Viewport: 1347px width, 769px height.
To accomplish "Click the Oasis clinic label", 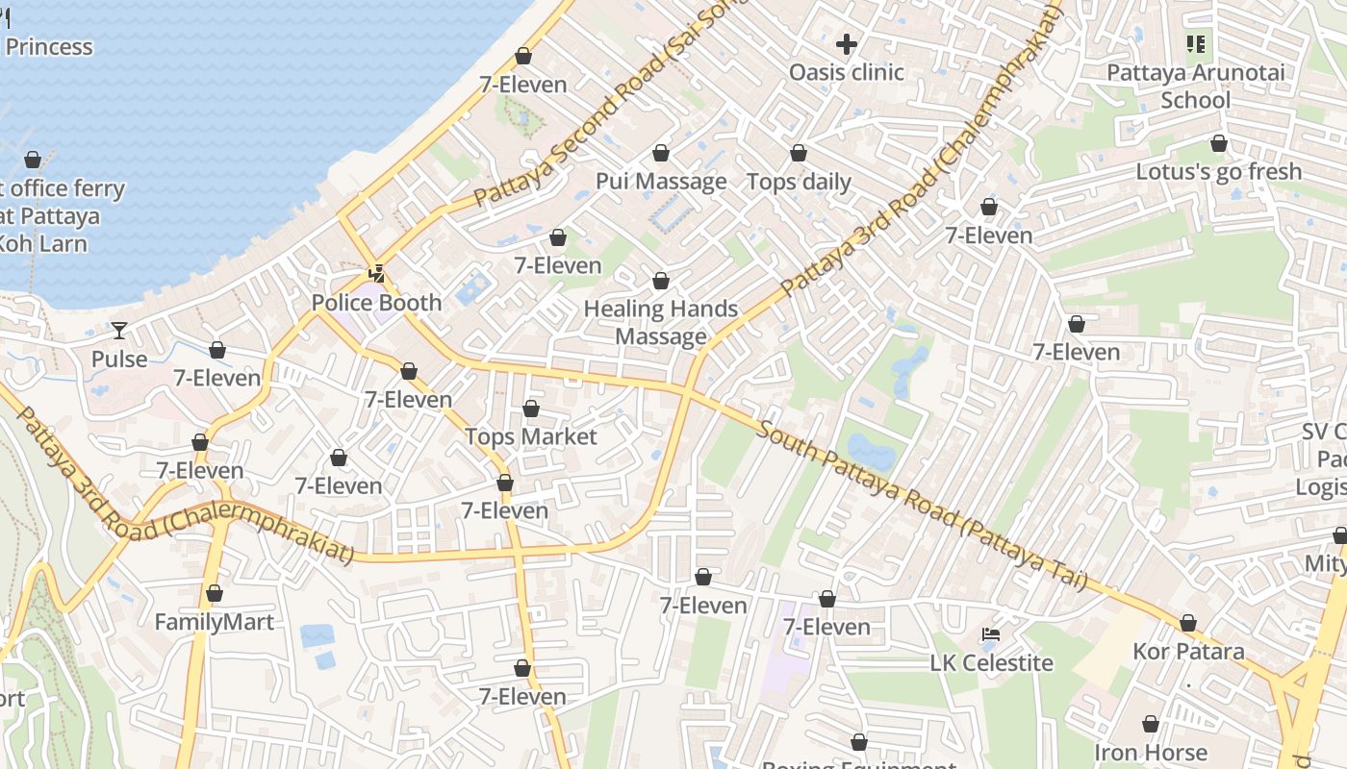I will pos(846,72).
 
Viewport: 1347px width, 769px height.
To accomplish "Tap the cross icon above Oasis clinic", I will pos(847,44).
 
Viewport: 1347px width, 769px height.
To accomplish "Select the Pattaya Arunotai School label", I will pos(1195,87).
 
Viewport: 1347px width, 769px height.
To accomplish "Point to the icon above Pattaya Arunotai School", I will pos(1196,43).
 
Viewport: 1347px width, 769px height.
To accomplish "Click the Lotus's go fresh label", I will pos(1218,172).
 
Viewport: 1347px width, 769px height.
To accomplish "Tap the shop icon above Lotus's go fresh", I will pos(1219,144).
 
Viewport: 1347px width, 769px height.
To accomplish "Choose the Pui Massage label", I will pos(661,182).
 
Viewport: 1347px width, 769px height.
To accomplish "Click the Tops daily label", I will pos(799,182).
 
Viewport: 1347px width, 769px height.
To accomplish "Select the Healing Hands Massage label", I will pos(661,323).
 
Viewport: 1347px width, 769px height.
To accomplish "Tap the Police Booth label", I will pos(376,303).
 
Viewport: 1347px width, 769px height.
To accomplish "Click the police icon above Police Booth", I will pos(376,274).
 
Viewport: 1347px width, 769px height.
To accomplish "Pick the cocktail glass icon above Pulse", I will pos(119,331).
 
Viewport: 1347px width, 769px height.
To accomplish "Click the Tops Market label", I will pos(531,436).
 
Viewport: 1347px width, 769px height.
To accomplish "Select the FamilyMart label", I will pos(215,622).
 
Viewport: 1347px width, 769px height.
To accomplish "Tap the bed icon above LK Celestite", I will pos(991,634).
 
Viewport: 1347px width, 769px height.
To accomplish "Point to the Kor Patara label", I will pos(1188,652).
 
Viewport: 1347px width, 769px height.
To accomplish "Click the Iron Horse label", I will pos(1150,752).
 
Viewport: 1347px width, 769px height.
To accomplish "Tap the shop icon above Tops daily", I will pos(799,153).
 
